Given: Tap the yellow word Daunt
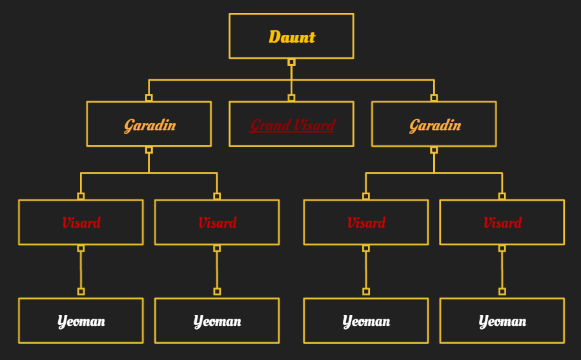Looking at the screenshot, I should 292,37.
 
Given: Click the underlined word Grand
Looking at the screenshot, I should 270,125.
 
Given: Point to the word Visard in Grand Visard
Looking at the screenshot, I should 314,125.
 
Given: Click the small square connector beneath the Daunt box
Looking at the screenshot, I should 291,62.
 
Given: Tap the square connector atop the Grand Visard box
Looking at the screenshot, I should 291,98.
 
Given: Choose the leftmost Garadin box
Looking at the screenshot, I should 148,124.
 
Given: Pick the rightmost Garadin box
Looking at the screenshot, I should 434,124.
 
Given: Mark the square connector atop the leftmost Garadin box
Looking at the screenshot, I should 148,98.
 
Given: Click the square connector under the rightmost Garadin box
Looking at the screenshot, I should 434,150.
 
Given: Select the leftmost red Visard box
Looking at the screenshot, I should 81,223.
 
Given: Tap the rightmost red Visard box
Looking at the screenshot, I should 502,223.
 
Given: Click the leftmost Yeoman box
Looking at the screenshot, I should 81,321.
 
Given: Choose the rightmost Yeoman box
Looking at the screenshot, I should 502,321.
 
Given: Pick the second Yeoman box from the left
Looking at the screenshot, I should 217,321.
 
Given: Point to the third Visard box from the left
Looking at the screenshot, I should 366,223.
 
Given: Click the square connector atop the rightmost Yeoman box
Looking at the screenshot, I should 502,292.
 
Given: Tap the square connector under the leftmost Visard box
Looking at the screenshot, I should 81,248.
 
